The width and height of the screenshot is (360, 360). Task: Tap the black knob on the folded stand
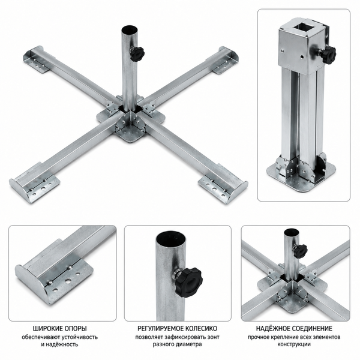point(329,54)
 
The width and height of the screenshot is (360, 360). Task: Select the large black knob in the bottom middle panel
point(188,282)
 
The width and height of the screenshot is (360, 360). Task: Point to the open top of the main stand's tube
point(130,30)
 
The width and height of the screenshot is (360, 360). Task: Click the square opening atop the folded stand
point(304,29)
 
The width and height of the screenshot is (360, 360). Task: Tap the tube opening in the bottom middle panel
point(170,241)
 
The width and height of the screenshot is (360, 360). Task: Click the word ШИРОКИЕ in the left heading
point(47,329)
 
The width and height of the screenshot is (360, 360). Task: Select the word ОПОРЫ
point(76,329)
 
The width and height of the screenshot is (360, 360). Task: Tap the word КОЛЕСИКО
point(202,329)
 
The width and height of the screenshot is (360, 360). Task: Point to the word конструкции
point(294,344)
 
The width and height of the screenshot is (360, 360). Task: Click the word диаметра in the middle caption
point(191,344)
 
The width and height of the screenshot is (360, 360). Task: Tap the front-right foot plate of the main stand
point(223,185)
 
